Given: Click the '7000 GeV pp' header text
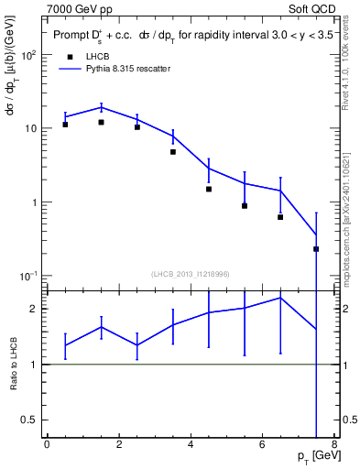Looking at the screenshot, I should (x=80, y=8).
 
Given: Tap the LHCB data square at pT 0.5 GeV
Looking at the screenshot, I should (x=65, y=124).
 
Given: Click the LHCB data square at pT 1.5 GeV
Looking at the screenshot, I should (x=101, y=122).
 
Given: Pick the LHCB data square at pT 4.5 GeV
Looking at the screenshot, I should (x=209, y=189).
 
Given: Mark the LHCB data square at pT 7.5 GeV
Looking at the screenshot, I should (x=316, y=248).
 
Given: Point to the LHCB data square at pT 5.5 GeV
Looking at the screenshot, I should (x=245, y=205).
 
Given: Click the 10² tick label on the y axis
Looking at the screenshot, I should (x=29, y=55).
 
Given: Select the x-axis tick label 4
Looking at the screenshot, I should (x=191, y=445).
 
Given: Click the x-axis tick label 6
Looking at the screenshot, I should (x=262, y=445).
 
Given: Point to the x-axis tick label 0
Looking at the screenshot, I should (x=47, y=445).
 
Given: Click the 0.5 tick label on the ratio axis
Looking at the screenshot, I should (x=29, y=420).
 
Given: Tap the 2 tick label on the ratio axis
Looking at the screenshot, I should (x=35, y=309).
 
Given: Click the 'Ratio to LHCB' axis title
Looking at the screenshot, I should (x=13, y=364).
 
